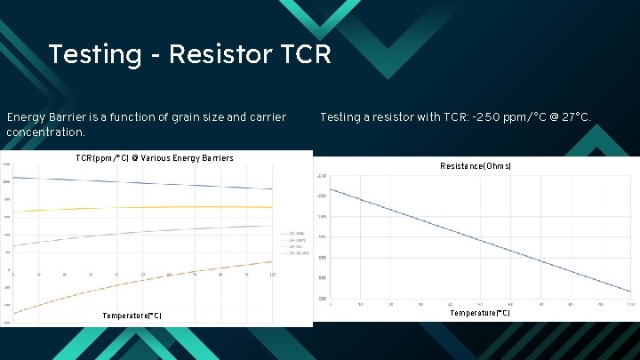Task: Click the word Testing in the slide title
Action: point(94,55)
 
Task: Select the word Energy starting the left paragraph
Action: point(27,117)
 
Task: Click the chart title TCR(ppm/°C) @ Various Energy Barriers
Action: point(155,158)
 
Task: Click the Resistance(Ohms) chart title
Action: point(476,166)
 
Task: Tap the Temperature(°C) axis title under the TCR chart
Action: point(132,316)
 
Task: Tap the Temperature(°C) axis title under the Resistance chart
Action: point(479,313)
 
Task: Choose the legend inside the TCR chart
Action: point(293,242)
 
